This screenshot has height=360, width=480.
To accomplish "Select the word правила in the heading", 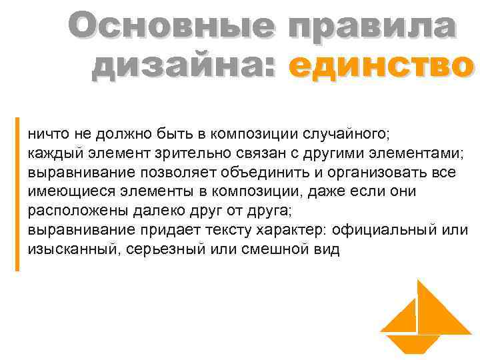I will (x=370, y=29).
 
